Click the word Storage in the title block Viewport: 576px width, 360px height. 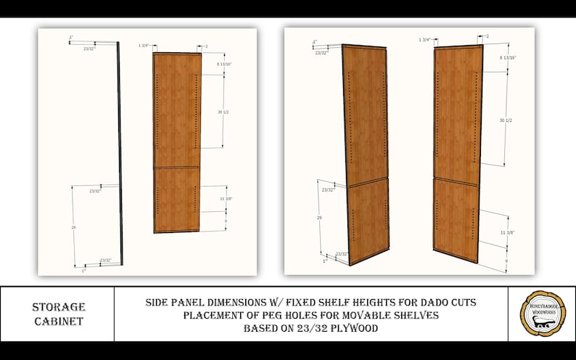(58, 307)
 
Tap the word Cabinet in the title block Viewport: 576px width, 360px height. (58, 322)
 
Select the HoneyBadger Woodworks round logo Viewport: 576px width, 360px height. (543, 314)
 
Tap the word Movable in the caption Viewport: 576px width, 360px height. (372, 315)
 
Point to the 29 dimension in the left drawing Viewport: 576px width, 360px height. (73, 227)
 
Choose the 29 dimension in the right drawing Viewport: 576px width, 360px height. (320, 217)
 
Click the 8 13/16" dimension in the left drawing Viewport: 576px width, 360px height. (233, 65)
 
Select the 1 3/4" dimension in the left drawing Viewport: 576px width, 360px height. (143, 46)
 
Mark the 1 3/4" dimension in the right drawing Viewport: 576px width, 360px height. (424, 39)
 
